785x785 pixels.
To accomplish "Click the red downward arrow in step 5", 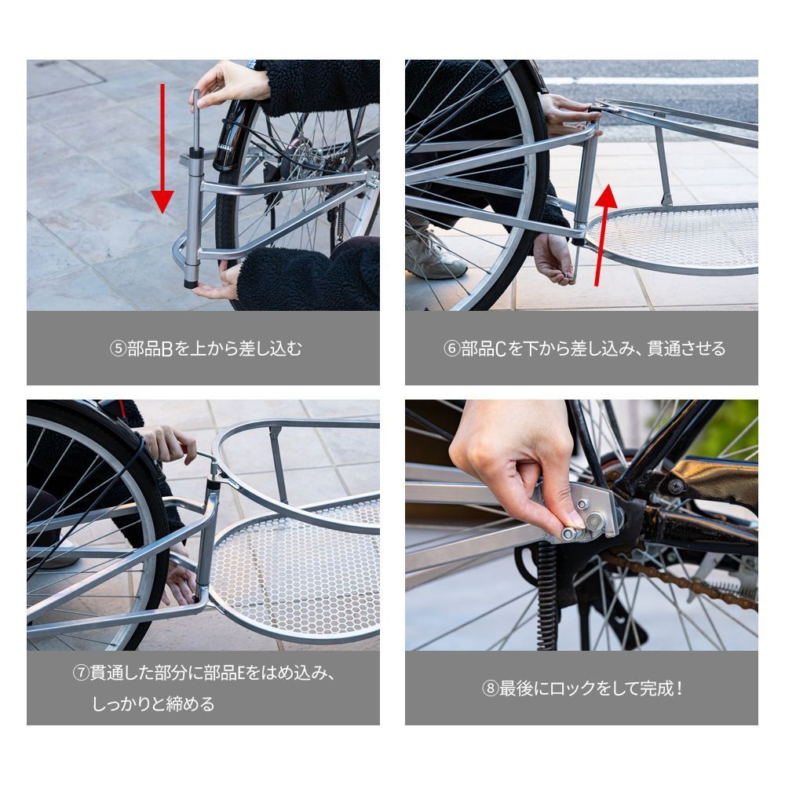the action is pos(162,148).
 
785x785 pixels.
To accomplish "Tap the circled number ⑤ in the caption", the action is pos(119,349).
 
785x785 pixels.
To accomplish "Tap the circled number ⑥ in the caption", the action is pos(452,349).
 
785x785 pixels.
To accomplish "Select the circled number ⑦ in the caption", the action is pos(81,673).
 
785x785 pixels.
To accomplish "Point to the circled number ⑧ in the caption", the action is pos(490,688).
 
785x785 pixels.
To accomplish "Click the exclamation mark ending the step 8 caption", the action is pos(678,688).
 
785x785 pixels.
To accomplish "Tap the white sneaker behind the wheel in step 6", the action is pos(435,255).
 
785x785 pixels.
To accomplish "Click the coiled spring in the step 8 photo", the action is pos(546,597).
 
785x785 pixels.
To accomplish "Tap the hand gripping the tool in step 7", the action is pos(170,444).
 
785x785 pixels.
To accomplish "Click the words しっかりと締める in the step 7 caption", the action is pos(153,704).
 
